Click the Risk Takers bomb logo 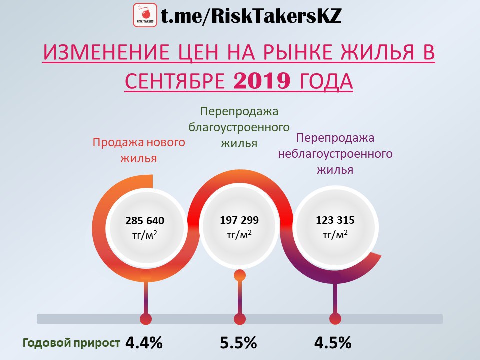point(145,15)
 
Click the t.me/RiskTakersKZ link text point(251,16)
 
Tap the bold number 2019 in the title point(262,81)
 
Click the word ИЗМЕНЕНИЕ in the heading point(106,52)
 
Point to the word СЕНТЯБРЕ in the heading point(175,81)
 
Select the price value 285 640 point(145,220)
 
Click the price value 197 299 point(239,220)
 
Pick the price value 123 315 point(335,220)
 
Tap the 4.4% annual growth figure point(144,343)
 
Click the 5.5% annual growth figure point(239,343)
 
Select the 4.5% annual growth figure point(333,343)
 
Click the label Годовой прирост point(71,343)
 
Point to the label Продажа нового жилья point(139,150)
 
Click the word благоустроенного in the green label point(239,127)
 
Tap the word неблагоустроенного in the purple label point(335,153)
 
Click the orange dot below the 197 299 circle point(239,275)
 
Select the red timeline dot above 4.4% point(146,319)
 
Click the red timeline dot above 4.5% point(335,319)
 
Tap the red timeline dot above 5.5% point(239,319)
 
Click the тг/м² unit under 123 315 point(335,234)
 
